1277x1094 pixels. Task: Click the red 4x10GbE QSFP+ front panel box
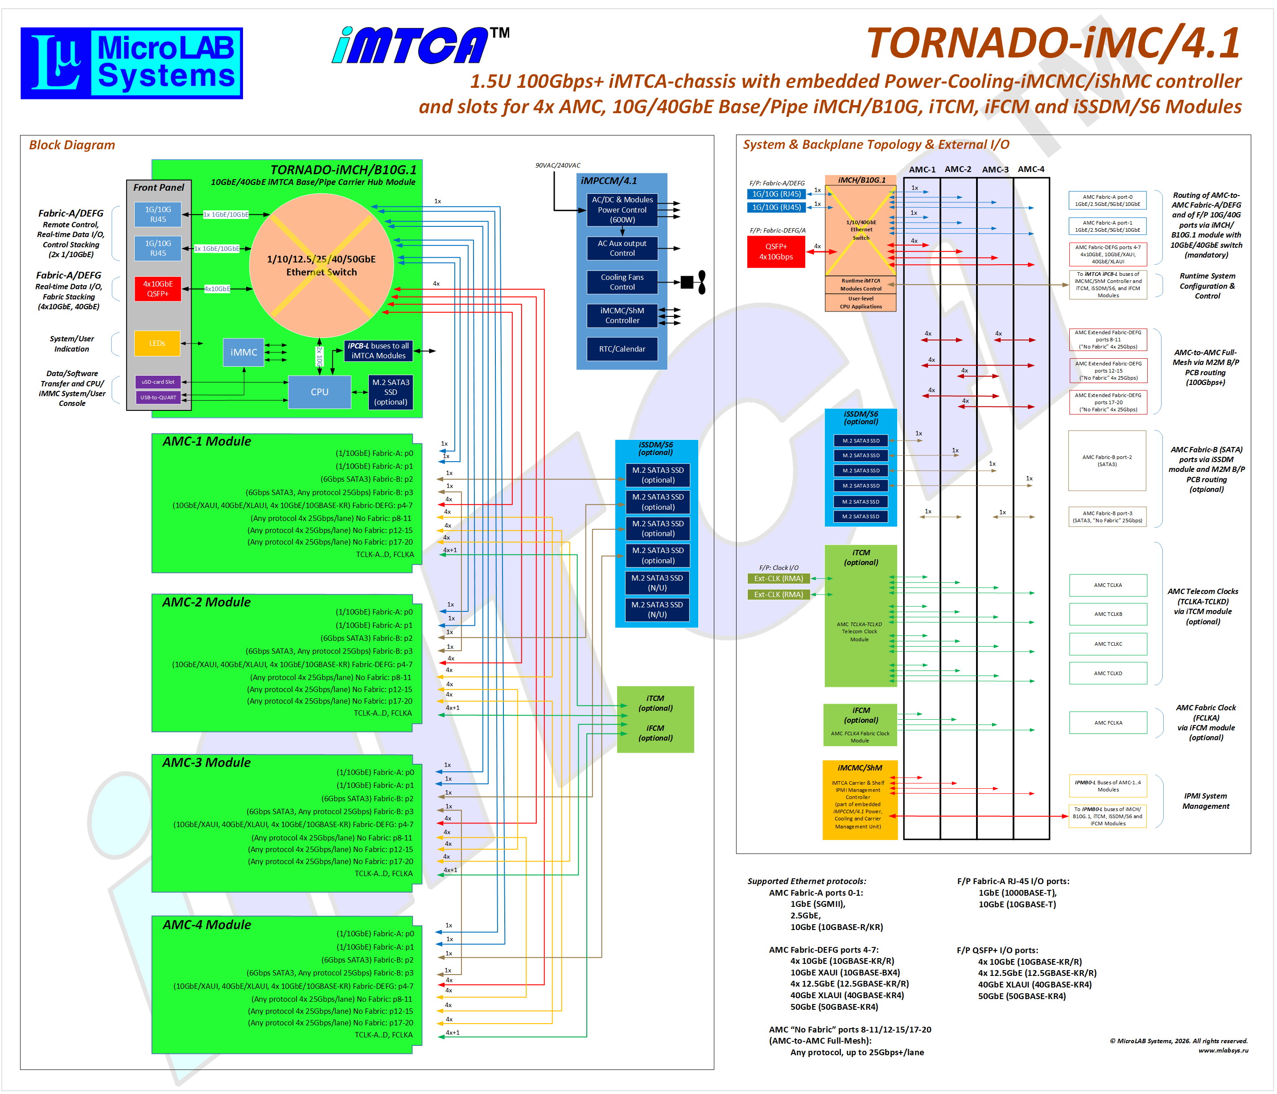[x=158, y=288]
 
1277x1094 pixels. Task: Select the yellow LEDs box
[x=157, y=343]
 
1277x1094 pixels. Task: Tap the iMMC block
[x=243, y=352]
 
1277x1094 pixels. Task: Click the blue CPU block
[x=319, y=392]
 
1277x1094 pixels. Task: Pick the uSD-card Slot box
[x=158, y=382]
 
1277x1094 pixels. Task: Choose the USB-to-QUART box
[x=158, y=397]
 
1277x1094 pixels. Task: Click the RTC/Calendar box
[x=622, y=348]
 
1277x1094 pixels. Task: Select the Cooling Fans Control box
[x=622, y=282]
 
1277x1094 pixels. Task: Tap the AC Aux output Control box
[x=622, y=248]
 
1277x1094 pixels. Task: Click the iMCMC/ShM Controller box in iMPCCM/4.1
[x=622, y=315]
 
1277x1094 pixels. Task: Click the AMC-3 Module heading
[x=206, y=762]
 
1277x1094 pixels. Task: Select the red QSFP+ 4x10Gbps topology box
[x=776, y=251]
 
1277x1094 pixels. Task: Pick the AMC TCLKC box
[x=1108, y=644]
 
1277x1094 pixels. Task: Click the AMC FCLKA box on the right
[x=1108, y=722]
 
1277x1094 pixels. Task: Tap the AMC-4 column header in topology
[x=1030, y=169]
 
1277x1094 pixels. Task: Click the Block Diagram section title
[x=72, y=145]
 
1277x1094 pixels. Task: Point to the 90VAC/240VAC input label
[x=557, y=165]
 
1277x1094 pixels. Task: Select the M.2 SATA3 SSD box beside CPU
[x=391, y=392]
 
